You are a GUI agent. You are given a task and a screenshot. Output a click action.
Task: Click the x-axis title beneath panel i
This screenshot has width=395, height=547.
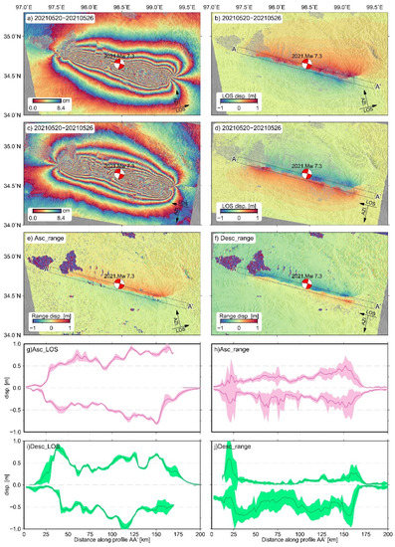click(109, 541)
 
